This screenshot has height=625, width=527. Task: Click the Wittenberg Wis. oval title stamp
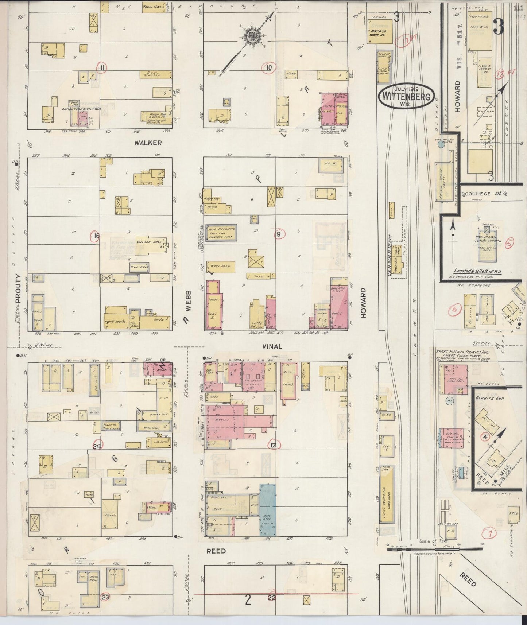coord(406,96)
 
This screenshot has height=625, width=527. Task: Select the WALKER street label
coord(148,143)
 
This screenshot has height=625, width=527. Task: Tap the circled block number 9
coord(279,234)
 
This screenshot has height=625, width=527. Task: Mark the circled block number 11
coord(103,67)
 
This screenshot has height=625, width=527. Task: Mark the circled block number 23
coord(106,597)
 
